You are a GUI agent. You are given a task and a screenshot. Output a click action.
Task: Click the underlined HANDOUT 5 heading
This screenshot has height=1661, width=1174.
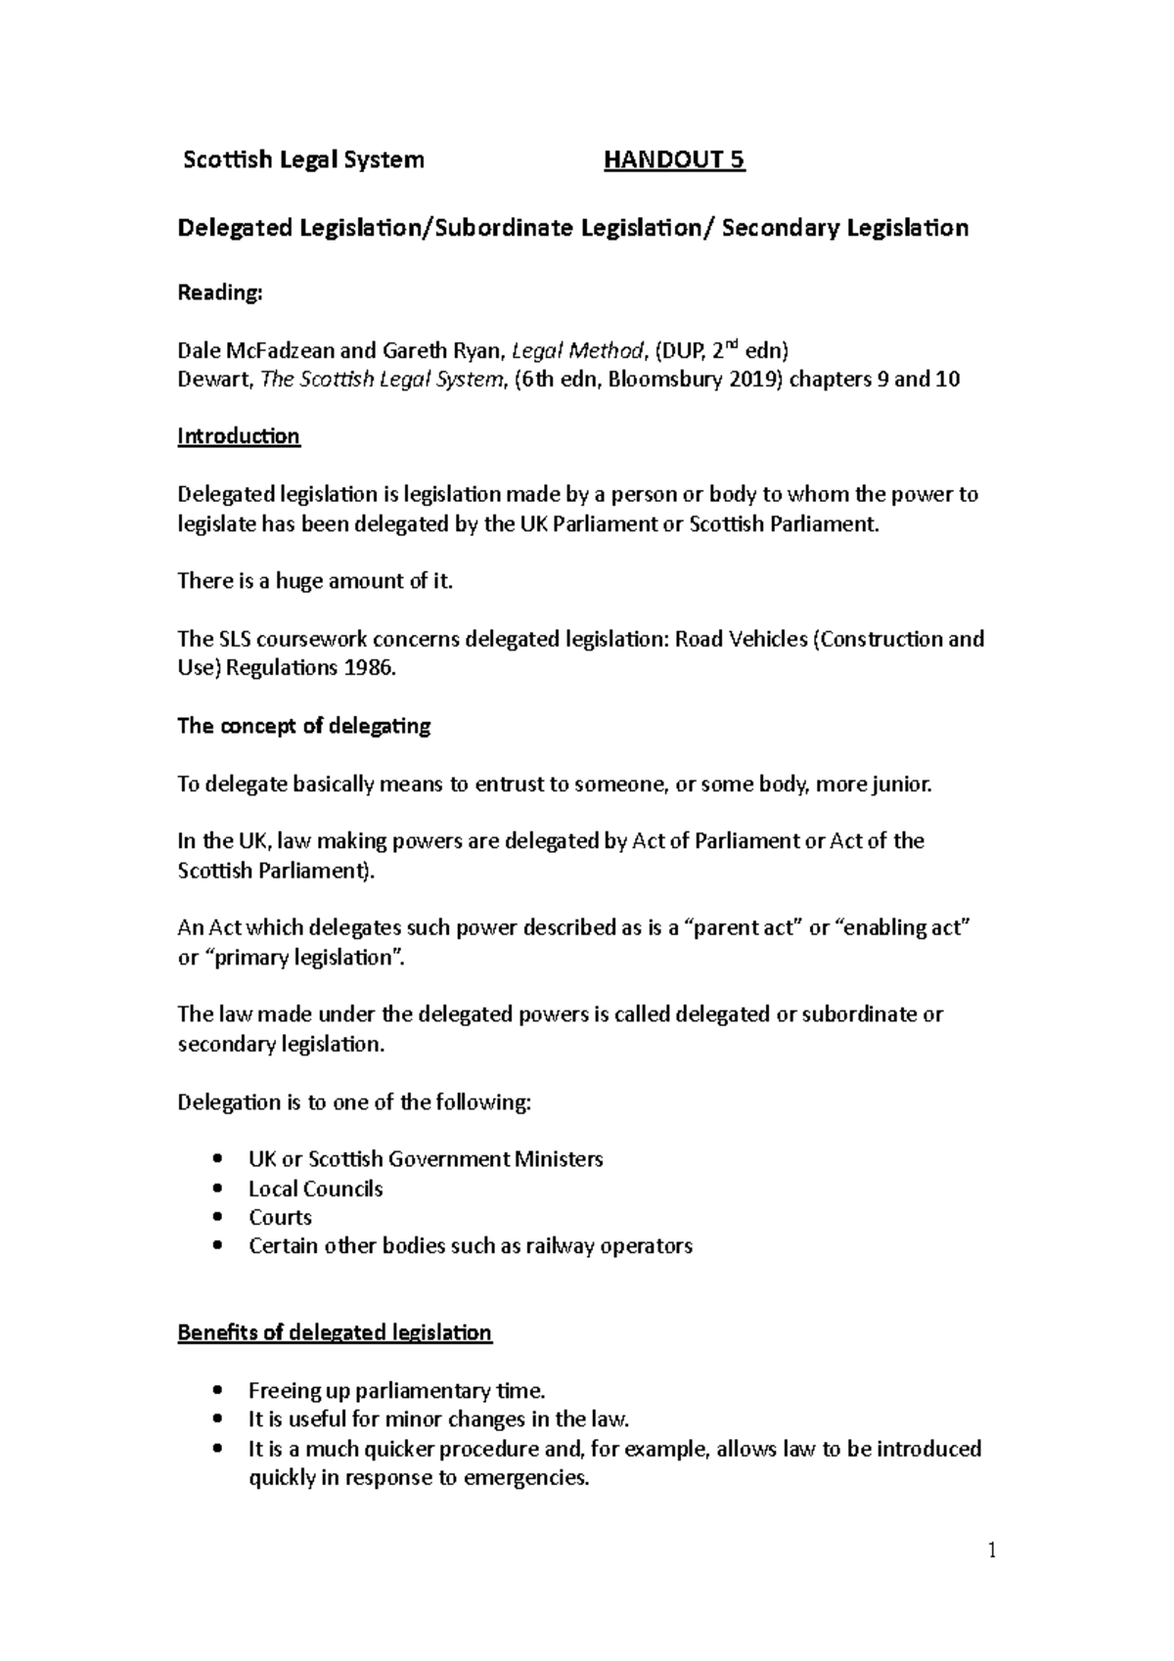[674, 160]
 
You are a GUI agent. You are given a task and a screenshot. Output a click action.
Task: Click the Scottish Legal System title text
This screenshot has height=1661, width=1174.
[303, 160]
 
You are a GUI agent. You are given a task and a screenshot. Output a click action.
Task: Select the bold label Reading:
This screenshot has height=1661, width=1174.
[219, 292]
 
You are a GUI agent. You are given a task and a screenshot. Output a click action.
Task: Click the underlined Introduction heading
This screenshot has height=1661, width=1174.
[238, 436]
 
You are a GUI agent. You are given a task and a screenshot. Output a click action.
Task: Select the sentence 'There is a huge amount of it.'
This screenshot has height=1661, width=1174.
[315, 581]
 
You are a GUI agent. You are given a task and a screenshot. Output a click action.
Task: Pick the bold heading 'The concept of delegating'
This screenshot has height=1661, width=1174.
[303, 726]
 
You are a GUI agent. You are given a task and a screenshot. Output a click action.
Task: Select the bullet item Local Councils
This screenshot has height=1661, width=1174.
[315, 1189]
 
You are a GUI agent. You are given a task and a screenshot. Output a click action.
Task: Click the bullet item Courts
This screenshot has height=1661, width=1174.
[280, 1217]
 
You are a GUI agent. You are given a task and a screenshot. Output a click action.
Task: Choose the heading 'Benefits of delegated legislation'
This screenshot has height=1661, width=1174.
[335, 1332]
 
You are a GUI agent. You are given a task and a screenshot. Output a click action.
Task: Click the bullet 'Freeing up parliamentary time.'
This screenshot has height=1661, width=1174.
[396, 1390]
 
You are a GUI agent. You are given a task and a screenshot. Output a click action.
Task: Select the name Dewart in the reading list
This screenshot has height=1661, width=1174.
[214, 380]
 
